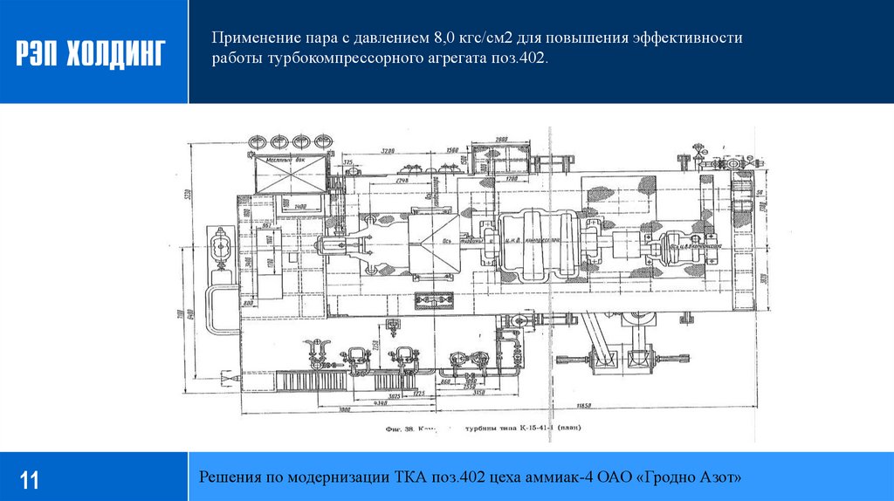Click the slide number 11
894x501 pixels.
point(30,479)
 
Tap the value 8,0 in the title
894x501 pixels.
point(446,39)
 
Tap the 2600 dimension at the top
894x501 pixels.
point(500,141)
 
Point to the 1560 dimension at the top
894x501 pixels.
point(453,151)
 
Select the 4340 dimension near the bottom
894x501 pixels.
point(382,402)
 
